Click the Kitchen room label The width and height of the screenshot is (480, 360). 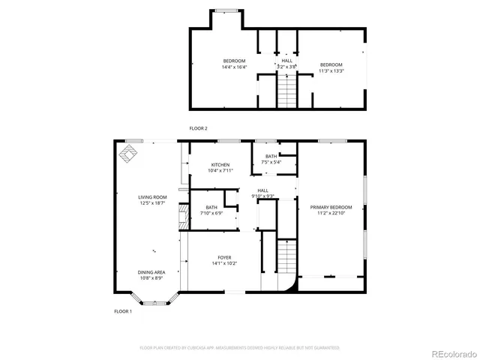point(220,165)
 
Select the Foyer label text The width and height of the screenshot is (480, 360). point(225,257)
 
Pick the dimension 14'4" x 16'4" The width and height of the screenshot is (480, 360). point(234,67)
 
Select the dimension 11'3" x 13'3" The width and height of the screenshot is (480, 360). point(331,71)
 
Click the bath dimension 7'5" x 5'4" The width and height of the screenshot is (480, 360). point(271,162)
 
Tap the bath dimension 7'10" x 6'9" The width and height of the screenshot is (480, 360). point(211,213)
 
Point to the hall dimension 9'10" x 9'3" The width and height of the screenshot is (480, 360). point(262,196)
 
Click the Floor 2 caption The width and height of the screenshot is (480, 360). point(198,128)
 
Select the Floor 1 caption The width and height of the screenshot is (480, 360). point(122,310)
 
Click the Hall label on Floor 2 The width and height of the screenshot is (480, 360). point(286,61)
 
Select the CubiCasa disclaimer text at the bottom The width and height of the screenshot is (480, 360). point(239,348)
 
